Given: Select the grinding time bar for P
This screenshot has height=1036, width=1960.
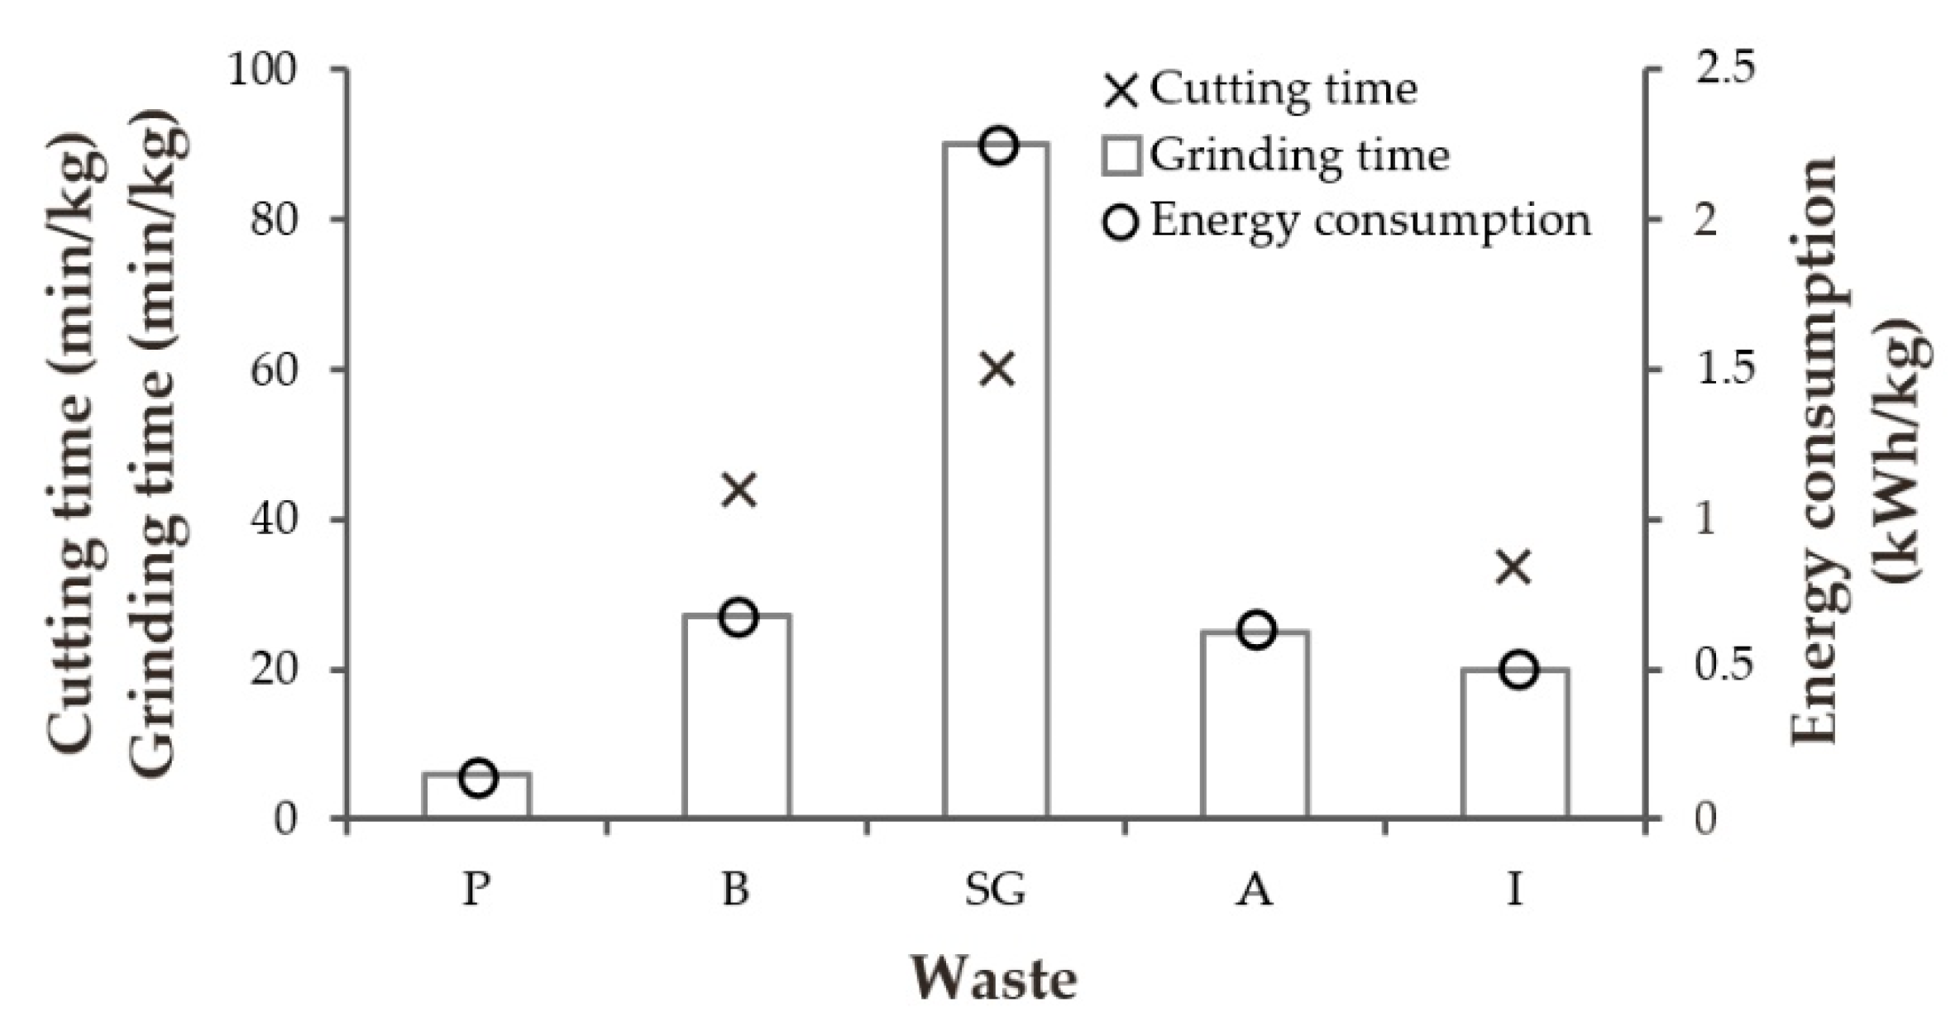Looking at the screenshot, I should (477, 796).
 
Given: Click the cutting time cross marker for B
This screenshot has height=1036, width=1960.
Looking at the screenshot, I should (739, 489).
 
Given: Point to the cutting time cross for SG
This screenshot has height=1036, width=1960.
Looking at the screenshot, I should (997, 370).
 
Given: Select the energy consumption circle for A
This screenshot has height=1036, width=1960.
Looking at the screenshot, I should (1257, 631).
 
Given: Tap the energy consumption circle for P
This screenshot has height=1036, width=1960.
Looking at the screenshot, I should (478, 778).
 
